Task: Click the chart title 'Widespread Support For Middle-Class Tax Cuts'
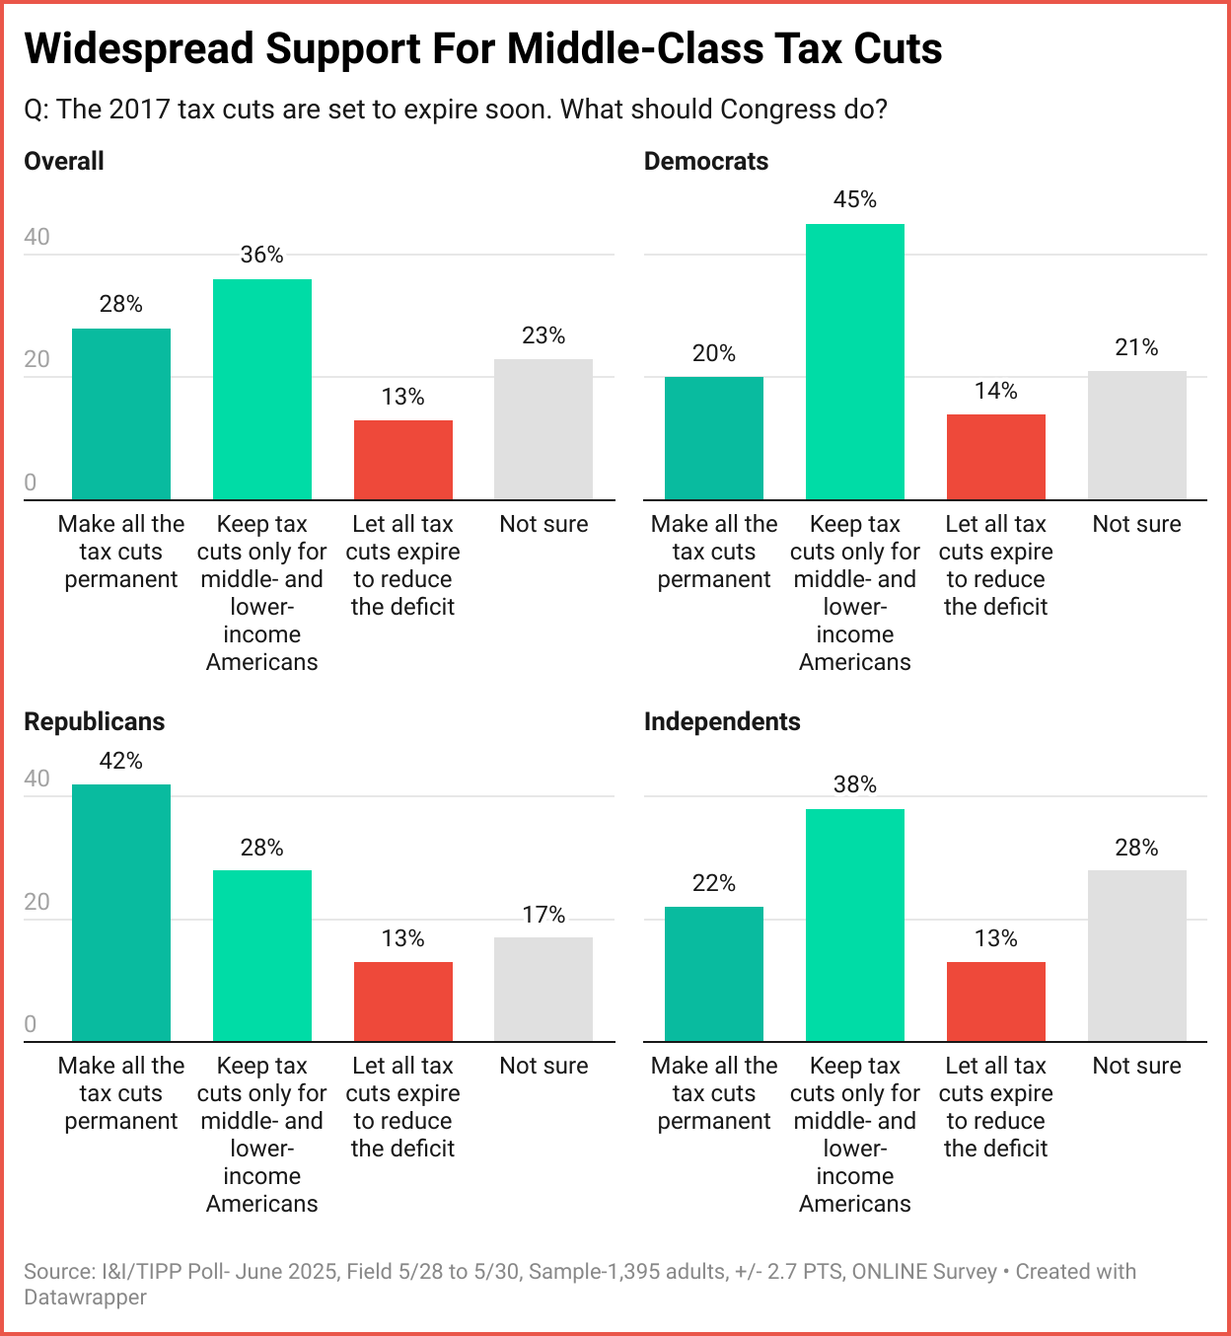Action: [483, 48]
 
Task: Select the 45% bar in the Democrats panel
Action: [854, 361]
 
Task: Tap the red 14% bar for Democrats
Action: [995, 457]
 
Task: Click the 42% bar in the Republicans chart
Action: [121, 913]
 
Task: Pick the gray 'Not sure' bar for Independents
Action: [1136, 955]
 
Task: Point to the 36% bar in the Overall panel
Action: [262, 389]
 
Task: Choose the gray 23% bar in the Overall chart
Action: [543, 429]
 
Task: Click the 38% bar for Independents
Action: [854, 925]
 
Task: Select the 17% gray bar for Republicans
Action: [543, 989]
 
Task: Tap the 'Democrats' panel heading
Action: [706, 161]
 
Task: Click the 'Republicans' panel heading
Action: [95, 721]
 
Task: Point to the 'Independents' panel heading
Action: [722, 721]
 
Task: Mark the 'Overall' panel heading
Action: [64, 161]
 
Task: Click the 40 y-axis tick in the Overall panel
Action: [36, 237]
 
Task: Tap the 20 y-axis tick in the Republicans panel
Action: [36, 902]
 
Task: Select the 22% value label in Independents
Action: [714, 883]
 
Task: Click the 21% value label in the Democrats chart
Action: [1136, 347]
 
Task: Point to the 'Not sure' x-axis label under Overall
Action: [543, 524]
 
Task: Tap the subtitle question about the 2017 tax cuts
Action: [456, 109]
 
